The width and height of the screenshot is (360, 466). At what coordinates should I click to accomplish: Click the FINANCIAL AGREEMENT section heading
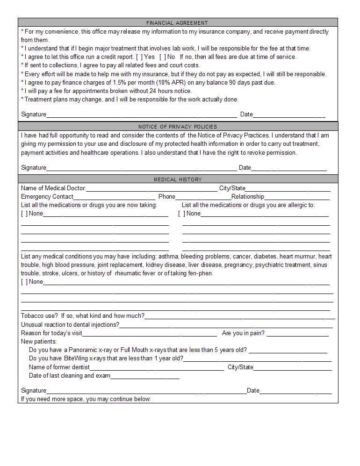177,22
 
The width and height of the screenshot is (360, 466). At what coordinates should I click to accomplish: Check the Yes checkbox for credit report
139,57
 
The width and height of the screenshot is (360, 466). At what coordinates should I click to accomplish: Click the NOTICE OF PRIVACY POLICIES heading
177,127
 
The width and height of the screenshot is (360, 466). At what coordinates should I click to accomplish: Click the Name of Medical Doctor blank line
151,189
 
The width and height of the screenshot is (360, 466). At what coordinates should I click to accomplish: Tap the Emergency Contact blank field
114,197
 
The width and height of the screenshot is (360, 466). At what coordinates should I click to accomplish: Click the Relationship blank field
296,197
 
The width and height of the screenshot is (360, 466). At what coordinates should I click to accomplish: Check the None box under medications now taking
24,214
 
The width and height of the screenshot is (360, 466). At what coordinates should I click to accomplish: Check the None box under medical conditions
24,282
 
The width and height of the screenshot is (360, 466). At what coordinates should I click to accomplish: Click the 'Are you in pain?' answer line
297,334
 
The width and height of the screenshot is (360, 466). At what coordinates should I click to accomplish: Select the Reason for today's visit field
150,334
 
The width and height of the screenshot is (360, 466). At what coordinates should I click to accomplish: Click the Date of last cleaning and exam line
145,376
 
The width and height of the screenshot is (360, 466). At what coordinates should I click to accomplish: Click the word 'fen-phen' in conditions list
201,273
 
